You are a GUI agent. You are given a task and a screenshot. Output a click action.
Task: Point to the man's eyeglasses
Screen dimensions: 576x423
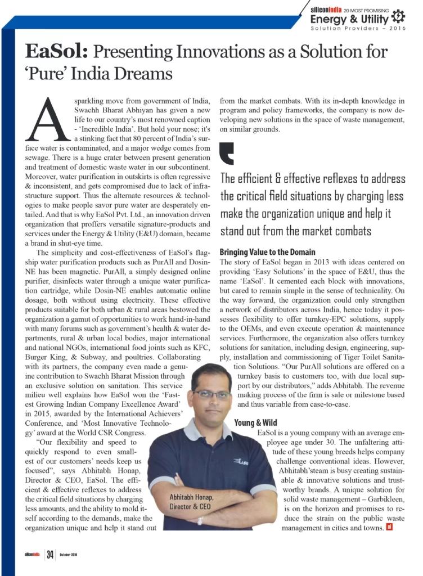(210, 394)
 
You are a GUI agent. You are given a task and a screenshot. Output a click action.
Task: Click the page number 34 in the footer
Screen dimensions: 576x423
(51, 555)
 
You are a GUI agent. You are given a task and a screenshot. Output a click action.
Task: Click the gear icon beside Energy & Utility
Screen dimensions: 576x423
(397, 16)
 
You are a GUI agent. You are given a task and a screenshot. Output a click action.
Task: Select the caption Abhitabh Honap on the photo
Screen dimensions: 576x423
(191, 497)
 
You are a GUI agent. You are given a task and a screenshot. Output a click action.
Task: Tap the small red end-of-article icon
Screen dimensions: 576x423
(389, 528)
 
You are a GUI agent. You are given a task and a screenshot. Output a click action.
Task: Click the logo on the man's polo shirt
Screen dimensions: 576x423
(242, 462)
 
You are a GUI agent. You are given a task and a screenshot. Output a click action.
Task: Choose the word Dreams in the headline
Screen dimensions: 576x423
(143, 73)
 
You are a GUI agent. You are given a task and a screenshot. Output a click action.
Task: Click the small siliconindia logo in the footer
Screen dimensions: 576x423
(28, 555)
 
